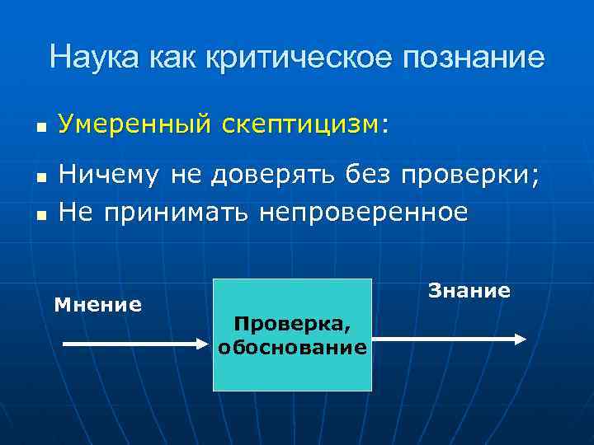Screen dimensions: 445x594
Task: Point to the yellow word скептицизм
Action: [300, 124]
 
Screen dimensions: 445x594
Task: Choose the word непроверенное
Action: [363, 213]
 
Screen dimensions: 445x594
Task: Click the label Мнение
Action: [97, 305]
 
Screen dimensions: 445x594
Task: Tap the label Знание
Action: [469, 291]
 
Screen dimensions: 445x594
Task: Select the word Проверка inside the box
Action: [292, 326]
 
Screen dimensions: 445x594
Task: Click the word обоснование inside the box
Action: [292, 347]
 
